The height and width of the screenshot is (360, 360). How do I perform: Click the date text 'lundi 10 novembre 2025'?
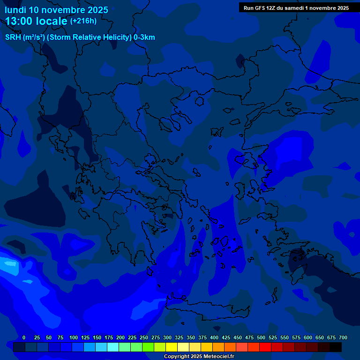56,10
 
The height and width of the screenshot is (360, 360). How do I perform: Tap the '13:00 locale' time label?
37,21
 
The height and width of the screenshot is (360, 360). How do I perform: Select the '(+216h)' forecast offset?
83,21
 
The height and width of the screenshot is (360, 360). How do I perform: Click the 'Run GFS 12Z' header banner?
296,8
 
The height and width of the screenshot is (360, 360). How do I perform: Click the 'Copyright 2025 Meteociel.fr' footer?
199,356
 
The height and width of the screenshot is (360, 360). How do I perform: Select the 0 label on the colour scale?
24,337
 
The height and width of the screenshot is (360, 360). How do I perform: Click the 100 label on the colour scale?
74,337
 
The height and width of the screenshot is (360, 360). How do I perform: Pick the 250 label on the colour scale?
144,337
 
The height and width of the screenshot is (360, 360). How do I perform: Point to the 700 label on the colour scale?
343,337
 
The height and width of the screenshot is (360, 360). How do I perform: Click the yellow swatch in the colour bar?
172,347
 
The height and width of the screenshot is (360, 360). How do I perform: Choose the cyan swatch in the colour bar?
113,347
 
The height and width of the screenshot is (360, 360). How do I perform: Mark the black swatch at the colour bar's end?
336,347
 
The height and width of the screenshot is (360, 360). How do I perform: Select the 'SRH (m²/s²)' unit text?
24,37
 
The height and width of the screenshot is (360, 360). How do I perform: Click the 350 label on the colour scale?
191,337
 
